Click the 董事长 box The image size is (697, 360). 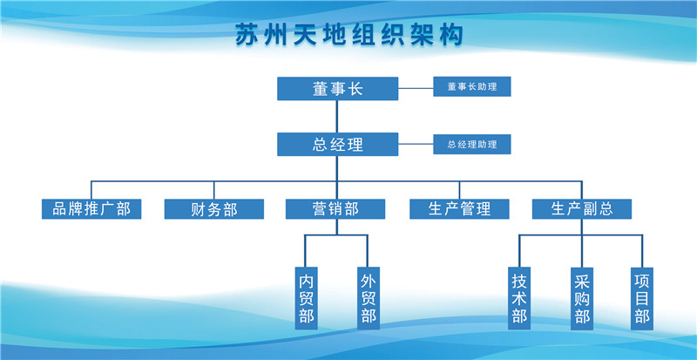(x=337, y=89)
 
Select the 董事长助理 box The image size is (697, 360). (x=471, y=87)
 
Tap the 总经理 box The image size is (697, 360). (x=337, y=145)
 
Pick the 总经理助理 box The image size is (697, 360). (x=471, y=145)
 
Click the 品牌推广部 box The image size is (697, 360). (x=91, y=209)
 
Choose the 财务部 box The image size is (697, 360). (x=213, y=209)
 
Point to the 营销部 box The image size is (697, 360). (x=335, y=209)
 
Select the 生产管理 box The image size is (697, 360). (x=459, y=209)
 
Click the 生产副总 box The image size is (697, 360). (x=581, y=209)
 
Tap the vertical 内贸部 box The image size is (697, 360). (x=306, y=298)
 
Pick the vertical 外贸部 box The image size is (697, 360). (x=368, y=298)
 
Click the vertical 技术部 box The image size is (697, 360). (x=519, y=298)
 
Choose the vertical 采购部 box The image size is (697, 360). (x=581, y=298)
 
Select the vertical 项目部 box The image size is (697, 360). (x=642, y=298)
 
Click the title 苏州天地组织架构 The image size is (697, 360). (x=349, y=36)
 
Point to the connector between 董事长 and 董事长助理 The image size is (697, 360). (x=416, y=88)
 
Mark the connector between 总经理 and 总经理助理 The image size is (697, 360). (x=416, y=145)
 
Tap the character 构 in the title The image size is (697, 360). (x=449, y=36)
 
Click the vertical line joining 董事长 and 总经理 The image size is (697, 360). (x=337, y=117)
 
